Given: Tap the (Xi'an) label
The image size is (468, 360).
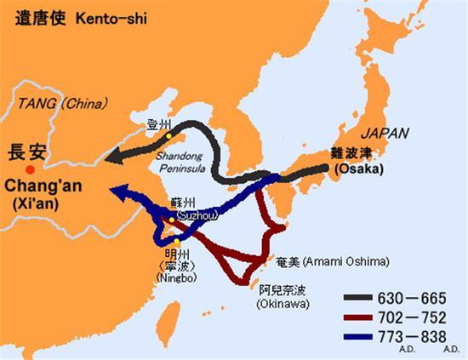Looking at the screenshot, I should (33, 204).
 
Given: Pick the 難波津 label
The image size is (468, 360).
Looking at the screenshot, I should (351, 155).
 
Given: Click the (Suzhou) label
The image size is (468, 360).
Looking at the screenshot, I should (191, 215).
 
